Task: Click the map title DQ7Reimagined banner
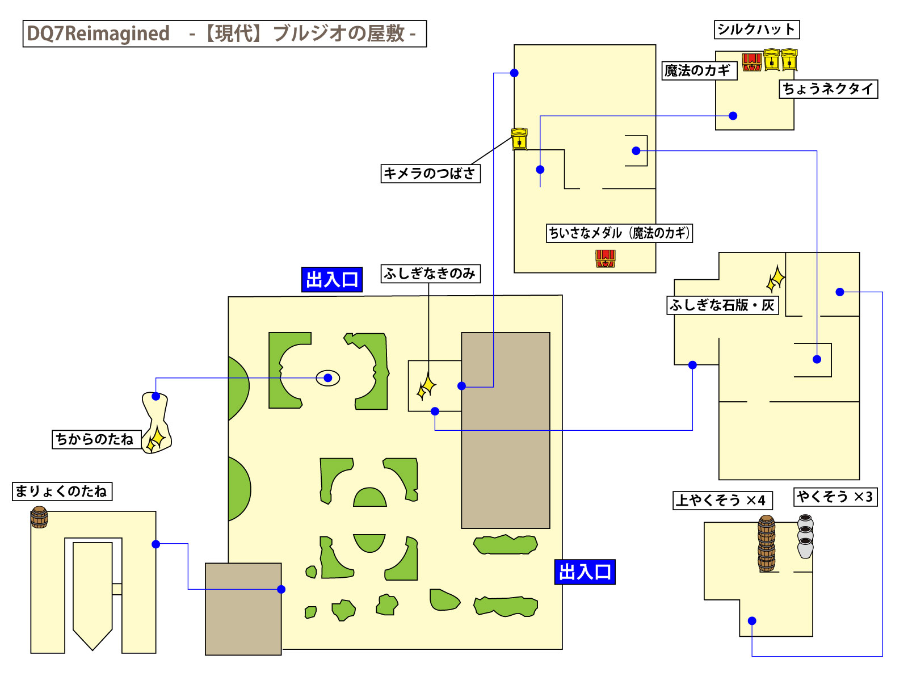[224, 33]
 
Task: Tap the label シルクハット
[756, 30]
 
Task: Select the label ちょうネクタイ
[828, 89]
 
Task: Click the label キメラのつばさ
[430, 173]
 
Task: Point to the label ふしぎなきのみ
[430, 274]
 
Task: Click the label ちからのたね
[95, 439]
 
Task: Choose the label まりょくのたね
[62, 492]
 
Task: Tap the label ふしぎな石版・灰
[722, 305]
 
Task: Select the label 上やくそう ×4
[722, 501]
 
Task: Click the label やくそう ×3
[835, 497]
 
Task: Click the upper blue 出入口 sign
[332, 280]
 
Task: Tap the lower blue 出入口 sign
[585, 572]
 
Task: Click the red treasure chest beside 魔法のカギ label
[752, 62]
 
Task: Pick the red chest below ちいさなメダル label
[606, 259]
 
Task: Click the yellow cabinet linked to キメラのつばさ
[519, 139]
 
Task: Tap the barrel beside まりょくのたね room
[39, 517]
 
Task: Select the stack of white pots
[805, 536]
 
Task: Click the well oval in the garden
[328, 378]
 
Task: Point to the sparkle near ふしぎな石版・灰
[776, 279]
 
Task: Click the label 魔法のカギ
[699, 71]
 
